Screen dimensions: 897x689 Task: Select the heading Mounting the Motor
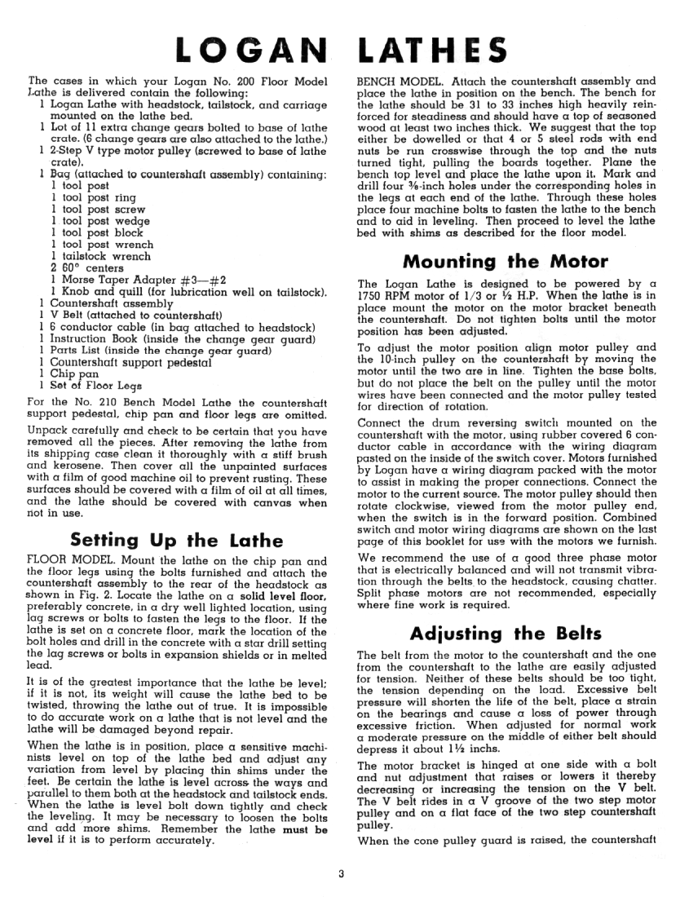506,262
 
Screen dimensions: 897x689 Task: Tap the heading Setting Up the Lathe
177,540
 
